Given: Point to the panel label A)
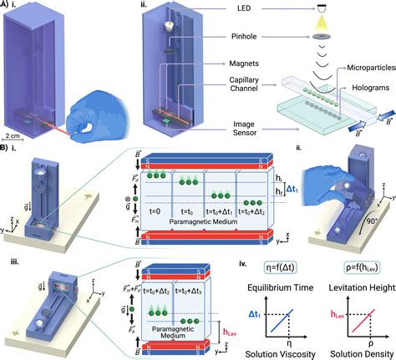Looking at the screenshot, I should tap(8, 6).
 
